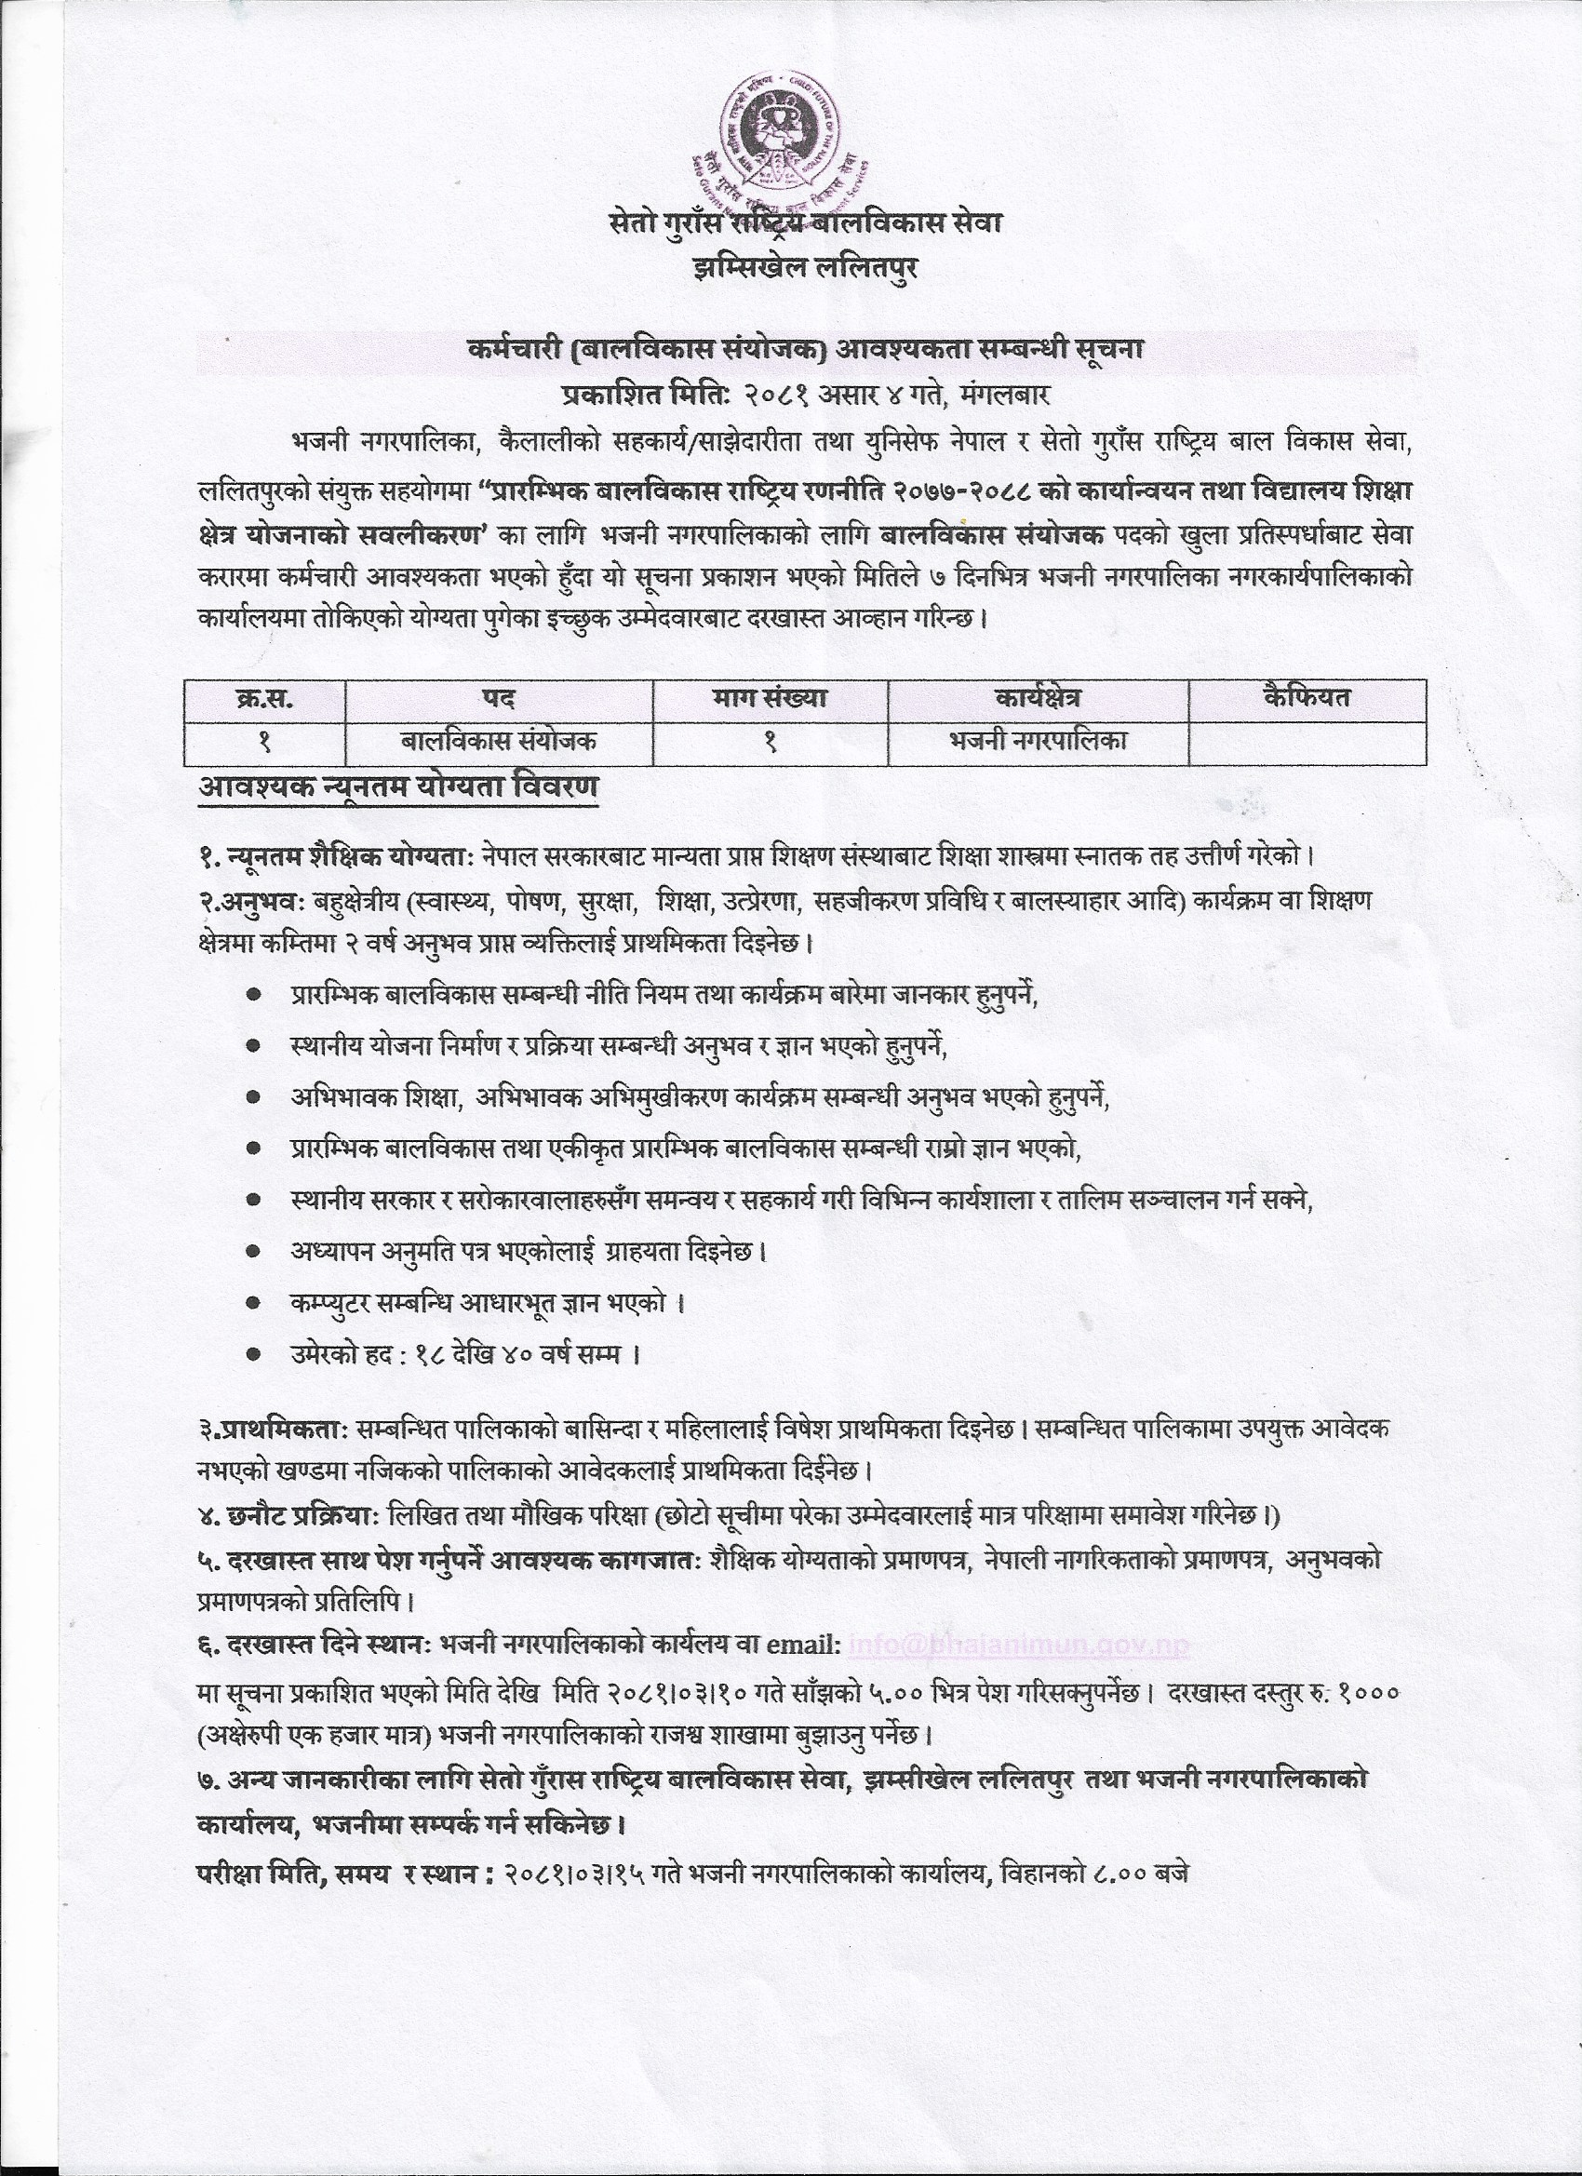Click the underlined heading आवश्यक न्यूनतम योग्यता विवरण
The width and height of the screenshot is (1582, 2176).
click(397, 787)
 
